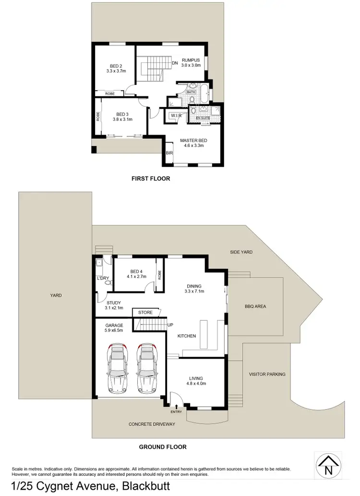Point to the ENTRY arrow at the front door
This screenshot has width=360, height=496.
177,408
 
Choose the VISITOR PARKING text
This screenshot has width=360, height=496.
267,374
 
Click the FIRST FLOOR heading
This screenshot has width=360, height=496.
151,179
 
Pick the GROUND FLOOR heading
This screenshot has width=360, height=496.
163,447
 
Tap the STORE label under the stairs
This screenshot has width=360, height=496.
145,313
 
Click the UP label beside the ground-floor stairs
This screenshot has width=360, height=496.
170,325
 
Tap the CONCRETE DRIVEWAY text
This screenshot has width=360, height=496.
152,424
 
